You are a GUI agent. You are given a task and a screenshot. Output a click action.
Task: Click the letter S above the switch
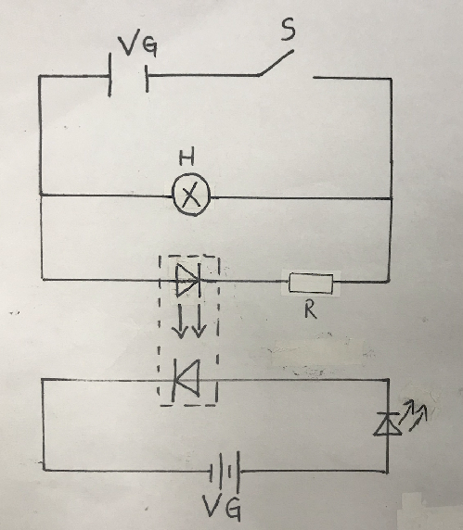click(288, 29)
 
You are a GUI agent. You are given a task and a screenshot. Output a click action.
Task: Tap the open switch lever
click(276, 63)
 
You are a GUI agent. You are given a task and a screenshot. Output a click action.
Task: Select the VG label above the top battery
click(137, 45)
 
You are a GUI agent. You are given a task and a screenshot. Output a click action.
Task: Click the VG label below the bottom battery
click(222, 509)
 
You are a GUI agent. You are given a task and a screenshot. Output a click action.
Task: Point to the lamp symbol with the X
click(191, 195)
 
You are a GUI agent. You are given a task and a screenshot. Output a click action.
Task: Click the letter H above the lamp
click(186, 158)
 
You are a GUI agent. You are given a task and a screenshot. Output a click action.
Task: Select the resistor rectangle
click(311, 284)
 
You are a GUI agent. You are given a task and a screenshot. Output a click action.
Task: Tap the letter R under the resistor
click(310, 309)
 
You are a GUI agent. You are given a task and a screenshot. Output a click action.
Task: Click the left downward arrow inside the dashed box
click(179, 322)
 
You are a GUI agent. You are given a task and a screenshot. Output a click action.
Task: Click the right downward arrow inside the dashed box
click(199, 322)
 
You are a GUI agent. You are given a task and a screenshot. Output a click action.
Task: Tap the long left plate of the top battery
click(109, 75)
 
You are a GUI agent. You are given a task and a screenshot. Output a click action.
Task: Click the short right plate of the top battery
click(147, 79)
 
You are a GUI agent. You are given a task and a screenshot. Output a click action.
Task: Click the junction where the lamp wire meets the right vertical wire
click(392, 198)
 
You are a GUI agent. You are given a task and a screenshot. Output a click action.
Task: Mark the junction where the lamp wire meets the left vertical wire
click(40, 195)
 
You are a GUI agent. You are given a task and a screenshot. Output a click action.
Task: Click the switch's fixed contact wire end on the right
click(314, 78)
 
